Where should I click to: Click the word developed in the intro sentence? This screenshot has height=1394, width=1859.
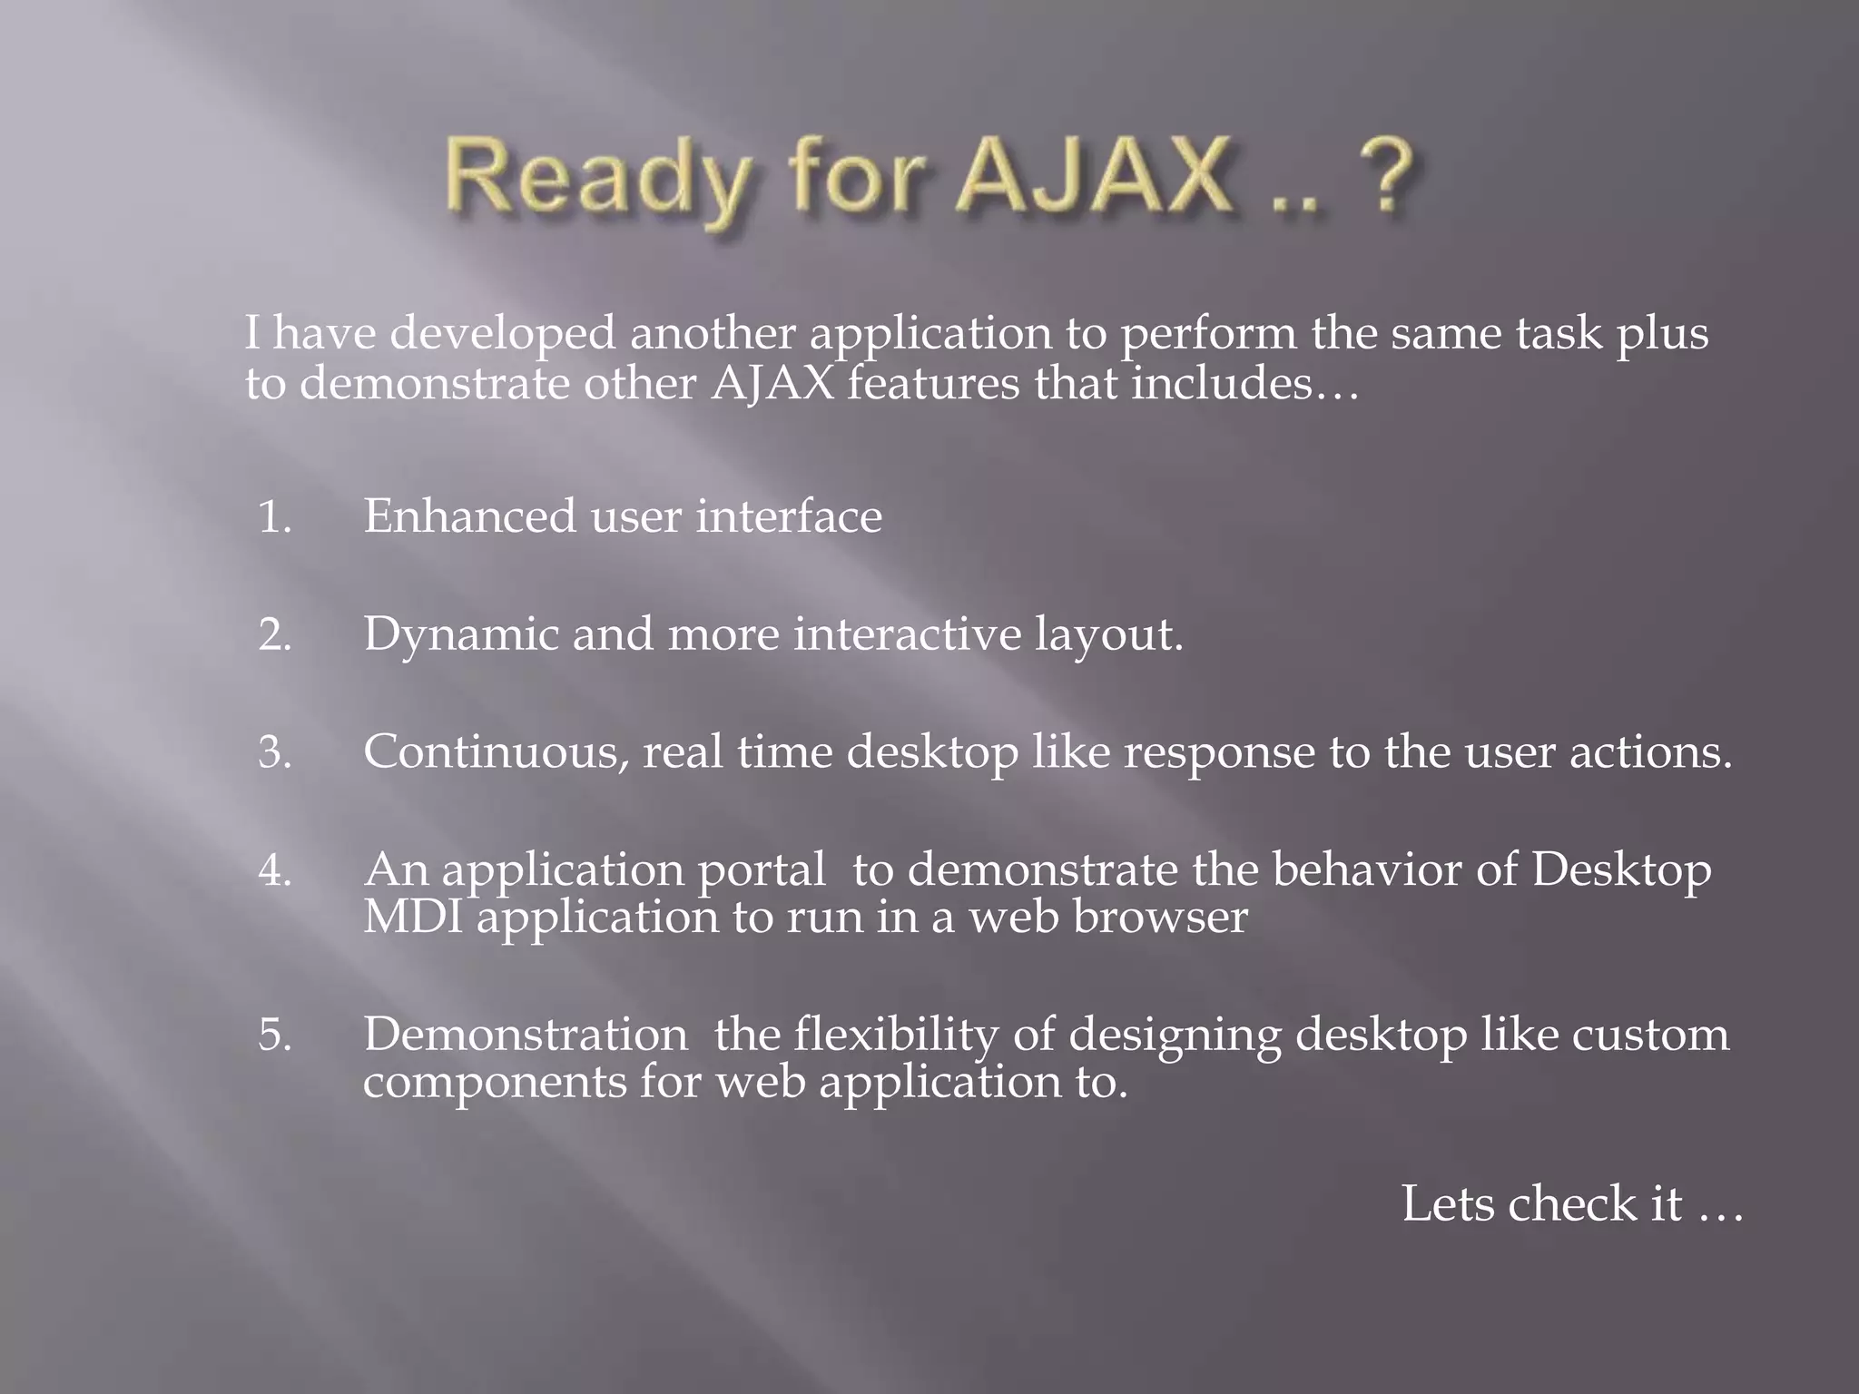(x=503, y=334)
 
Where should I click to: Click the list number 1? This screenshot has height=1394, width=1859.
(x=274, y=517)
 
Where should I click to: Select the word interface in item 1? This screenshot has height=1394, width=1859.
(x=789, y=516)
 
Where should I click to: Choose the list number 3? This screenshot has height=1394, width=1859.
(x=274, y=752)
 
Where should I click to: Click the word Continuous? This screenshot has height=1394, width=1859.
(x=496, y=752)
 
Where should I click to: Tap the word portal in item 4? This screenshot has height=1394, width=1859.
(x=761, y=871)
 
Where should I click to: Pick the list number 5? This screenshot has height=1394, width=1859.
(x=274, y=1036)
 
